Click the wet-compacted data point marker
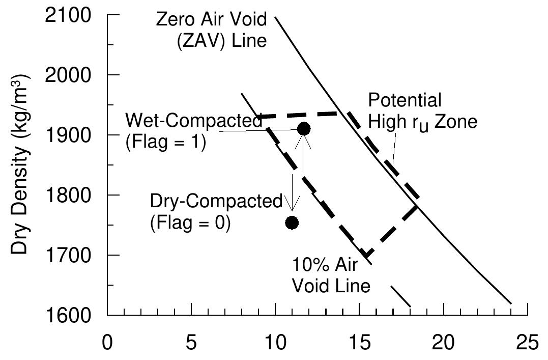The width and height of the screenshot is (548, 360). (304, 129)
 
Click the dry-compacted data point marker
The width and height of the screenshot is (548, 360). (292, 223)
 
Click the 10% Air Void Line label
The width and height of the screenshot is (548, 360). (331, 275)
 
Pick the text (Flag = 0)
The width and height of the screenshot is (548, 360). (190, 223)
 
